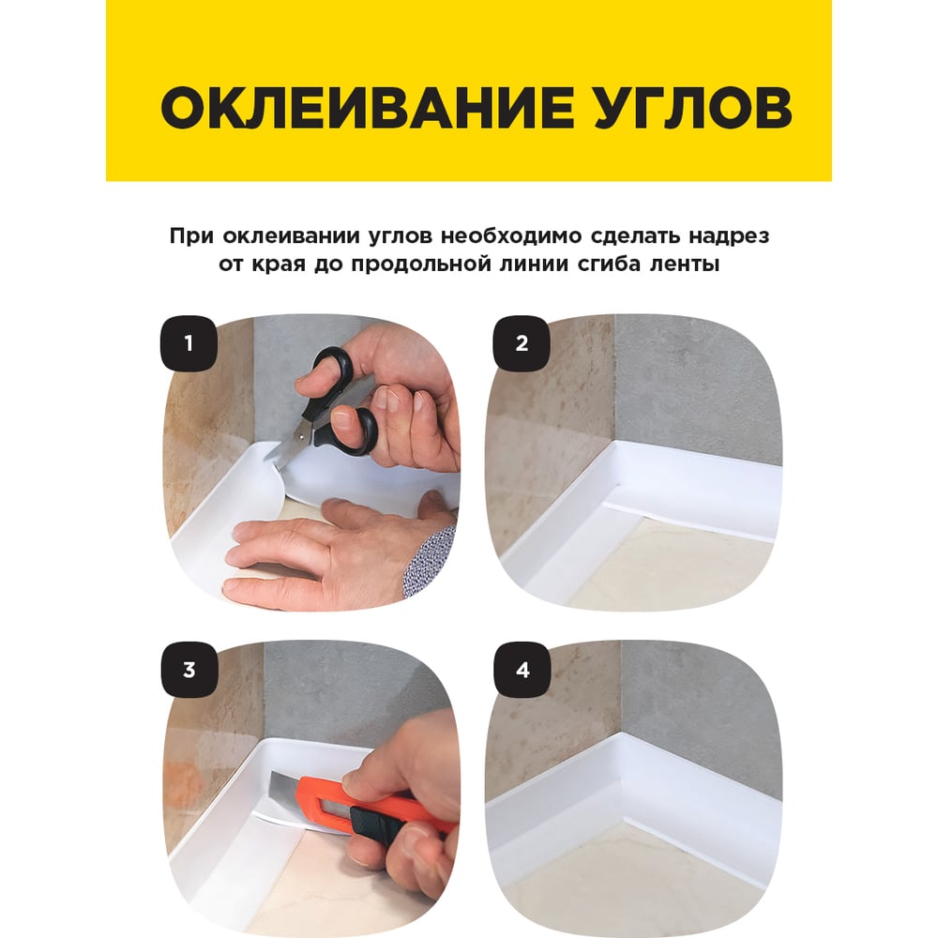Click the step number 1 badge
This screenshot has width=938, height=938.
pos(189,343)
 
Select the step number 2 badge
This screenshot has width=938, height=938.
pos(522,343)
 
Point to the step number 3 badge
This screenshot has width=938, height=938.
pos(189,670)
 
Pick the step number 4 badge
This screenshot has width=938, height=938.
pos(522,670)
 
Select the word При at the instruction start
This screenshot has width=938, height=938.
pos(191,237)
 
